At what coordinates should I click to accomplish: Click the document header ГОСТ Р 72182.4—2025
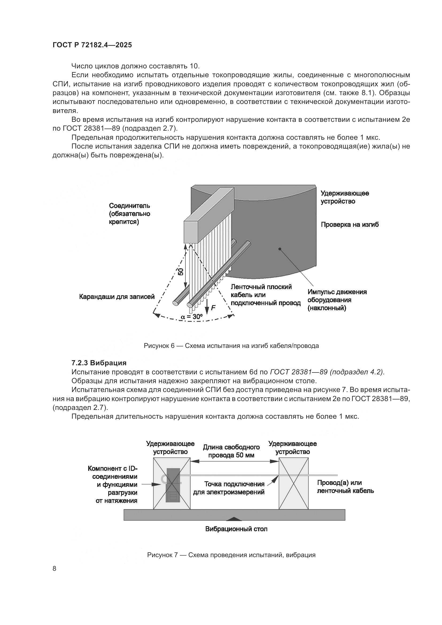[92, 45]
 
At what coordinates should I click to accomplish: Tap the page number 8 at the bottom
[55, 568]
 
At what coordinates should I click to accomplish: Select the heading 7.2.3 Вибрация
[99, 363]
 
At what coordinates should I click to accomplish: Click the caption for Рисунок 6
[231, 346]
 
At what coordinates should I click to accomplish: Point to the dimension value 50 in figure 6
[181, 272]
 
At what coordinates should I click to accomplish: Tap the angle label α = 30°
[192, 317]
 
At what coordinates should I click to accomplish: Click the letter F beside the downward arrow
[213, 308]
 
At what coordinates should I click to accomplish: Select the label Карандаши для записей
[117, 297]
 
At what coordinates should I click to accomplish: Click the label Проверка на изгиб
[350, 224]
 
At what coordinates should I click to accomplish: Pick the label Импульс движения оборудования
[337, 300]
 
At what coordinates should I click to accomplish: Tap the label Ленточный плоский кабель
[265, 295]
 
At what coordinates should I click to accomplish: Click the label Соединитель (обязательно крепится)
[130, 214]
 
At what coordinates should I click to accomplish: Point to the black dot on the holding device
[280, 249]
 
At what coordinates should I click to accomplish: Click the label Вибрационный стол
[236, 529]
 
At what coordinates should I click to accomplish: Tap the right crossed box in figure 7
[293, 483]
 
